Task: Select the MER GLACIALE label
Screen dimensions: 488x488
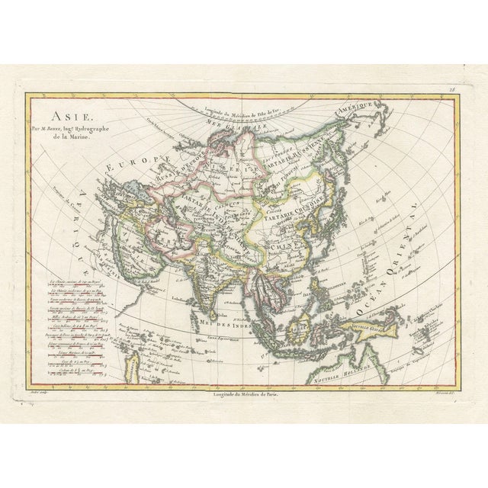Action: click(249, 121)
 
